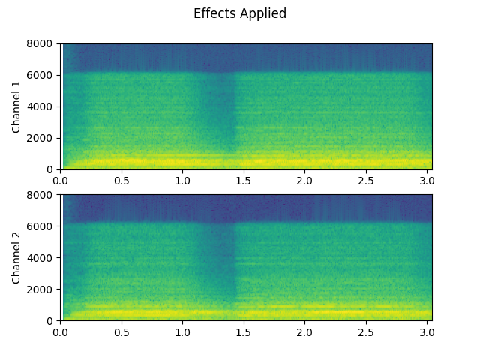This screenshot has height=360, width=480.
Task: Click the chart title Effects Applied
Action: point(240,13)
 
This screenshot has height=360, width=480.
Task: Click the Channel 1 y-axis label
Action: point(16,106)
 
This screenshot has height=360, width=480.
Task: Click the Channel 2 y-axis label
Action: point(16,257)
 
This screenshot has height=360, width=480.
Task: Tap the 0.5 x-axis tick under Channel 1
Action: point(121,181)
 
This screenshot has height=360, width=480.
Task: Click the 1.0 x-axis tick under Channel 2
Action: point(182,331)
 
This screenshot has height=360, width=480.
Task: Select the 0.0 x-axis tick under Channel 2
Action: point(61,331)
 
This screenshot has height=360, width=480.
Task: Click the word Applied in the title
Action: point(262,14)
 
